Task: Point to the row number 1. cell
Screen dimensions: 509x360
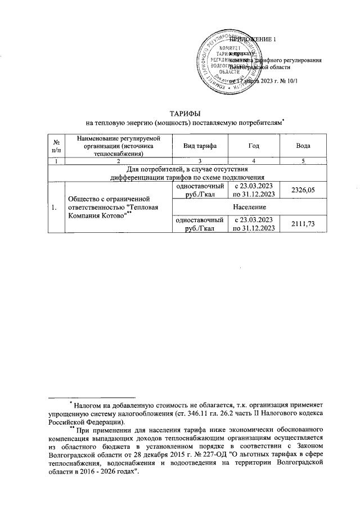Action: pos(55,208)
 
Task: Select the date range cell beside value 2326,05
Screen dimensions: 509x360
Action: pos(253,191)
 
